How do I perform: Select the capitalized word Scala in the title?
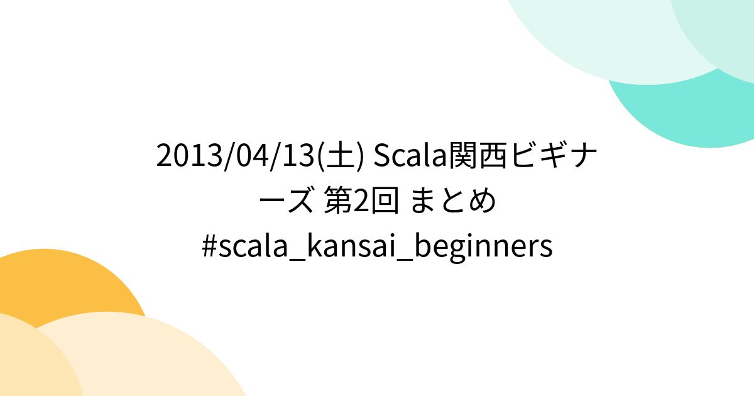(410, 157)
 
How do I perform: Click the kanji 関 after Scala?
(462, 157)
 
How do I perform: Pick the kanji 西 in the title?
(493, 157)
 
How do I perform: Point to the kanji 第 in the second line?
(338, 202)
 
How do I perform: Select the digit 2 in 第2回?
(361, 202)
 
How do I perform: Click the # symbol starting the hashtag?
(209, 247)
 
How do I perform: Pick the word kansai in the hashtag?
(334, 247)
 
